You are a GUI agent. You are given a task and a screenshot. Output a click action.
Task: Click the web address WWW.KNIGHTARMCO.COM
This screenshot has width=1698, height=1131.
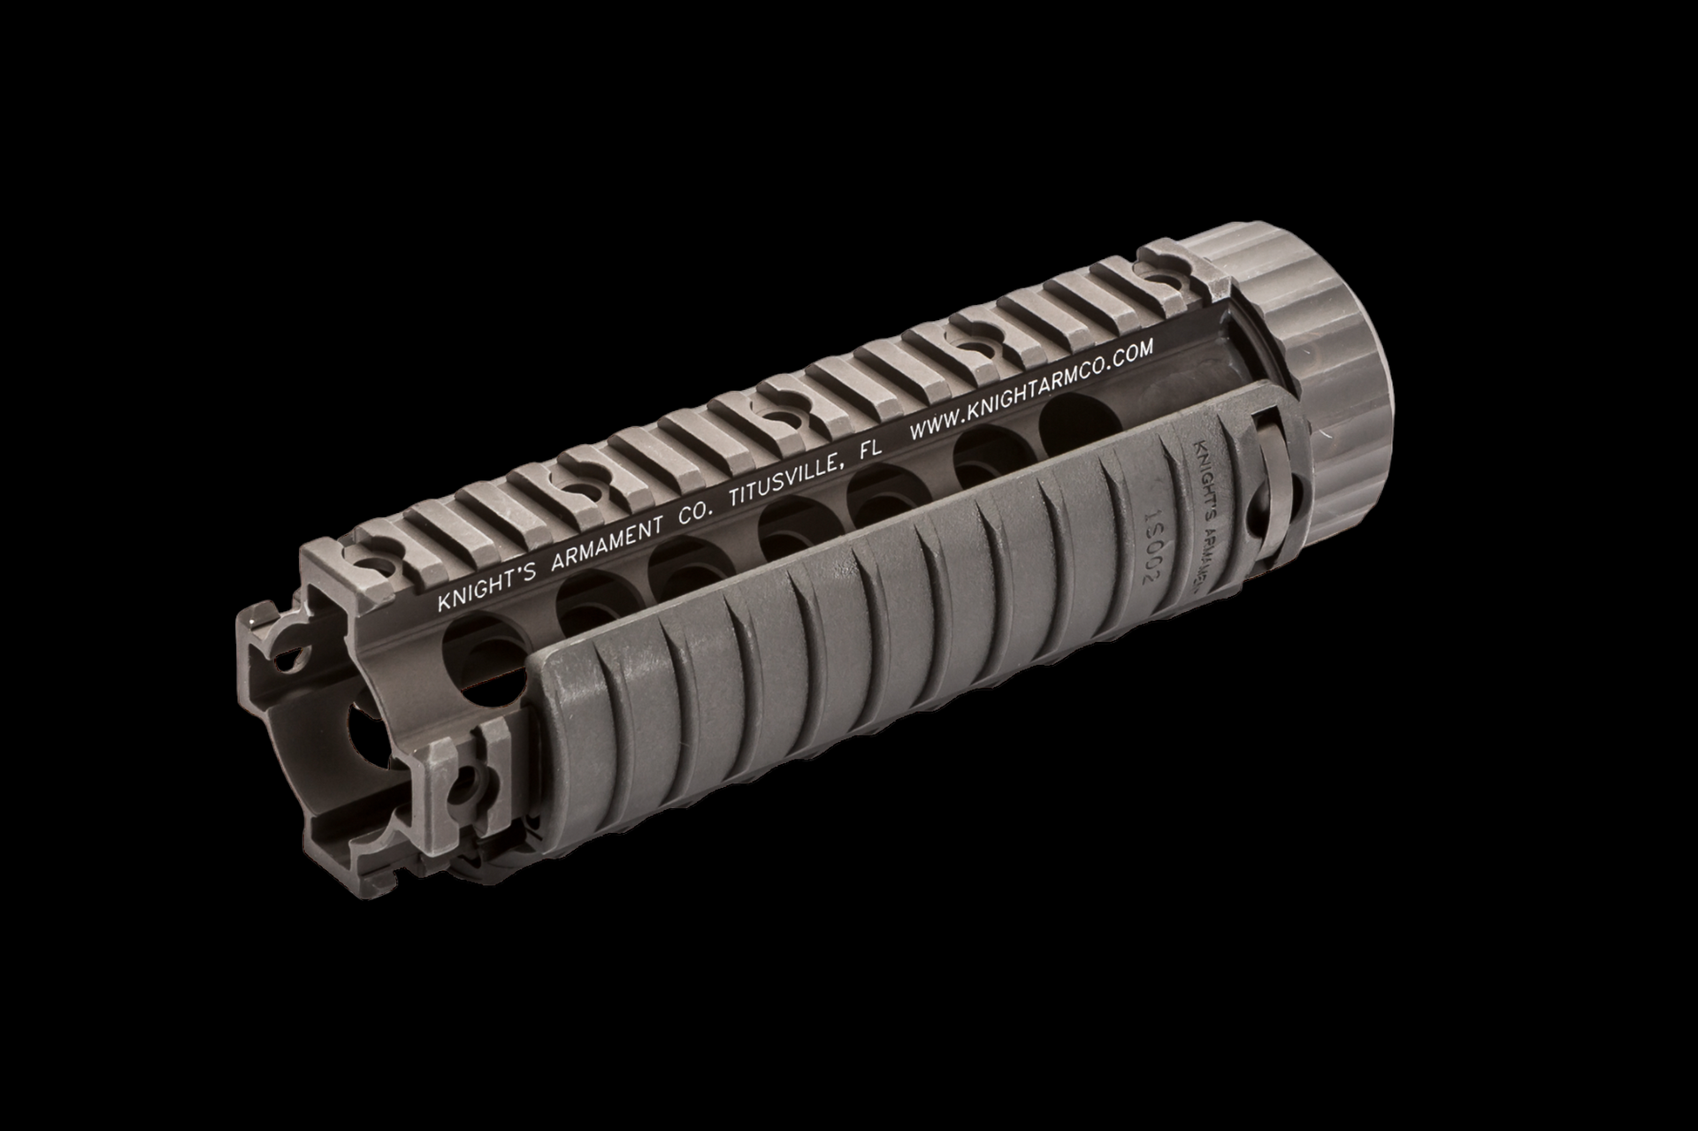(x=1030, y=390)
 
